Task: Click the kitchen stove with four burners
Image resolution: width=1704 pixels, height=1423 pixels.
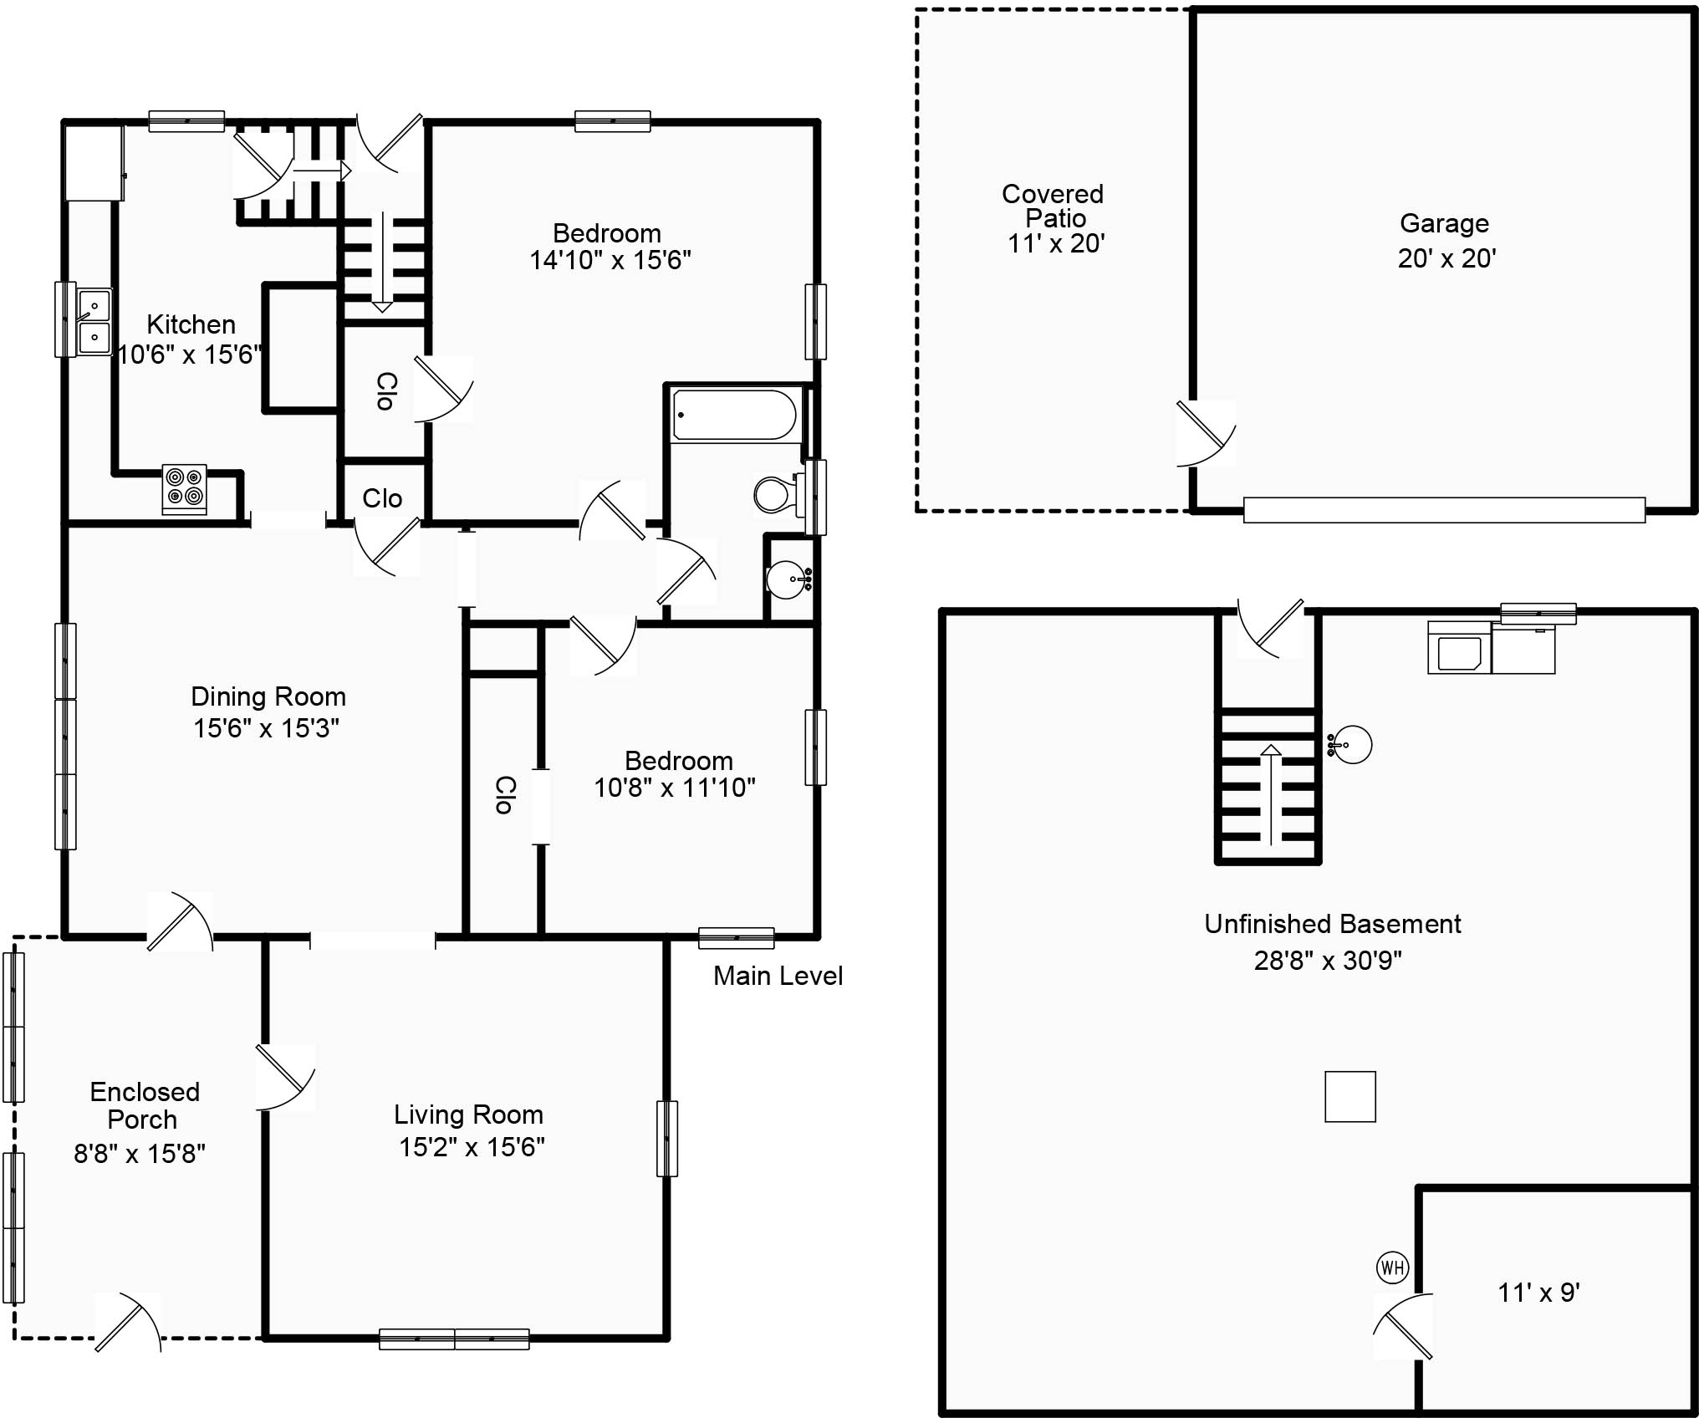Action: pyautogui.click(x=185, y=488)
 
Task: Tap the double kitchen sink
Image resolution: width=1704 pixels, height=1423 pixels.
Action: pyautogui.click(x=94, y=322)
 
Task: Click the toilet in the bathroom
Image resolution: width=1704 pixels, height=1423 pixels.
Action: pyautogui.click(x=779, y=493)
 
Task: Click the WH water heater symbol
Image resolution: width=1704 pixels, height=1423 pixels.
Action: pyautogui.click(x=1392, y=1267)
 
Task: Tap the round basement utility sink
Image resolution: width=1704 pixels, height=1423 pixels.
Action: pyautogui.click(x=1349, y=744)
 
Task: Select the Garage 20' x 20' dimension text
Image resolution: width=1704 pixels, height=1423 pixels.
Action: pyautogui.click(x=1446, y=258)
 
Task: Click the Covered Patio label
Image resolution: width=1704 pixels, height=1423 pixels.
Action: pyautogui.click(x=1054, y=206)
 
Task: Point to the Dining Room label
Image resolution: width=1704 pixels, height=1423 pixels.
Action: pyautogui.click(x=268, y=696)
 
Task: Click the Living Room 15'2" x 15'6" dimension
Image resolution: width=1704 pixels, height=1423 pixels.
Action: pyautogui.click(x=472, y=1147)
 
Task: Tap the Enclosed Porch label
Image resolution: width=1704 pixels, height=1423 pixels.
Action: pyautogui.click(x=145, y=1105)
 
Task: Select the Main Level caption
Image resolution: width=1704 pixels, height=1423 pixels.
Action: pyautogui.click(x=778, y=976)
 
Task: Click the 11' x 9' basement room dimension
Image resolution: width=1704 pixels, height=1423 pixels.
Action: pyautogui.click(x=1538, y=1293)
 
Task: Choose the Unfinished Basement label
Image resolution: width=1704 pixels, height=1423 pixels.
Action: pyautogui.click(x=1333, y=924)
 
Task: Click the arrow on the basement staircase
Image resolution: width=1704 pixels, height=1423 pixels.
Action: pyautogui.click(x=1271, y=794)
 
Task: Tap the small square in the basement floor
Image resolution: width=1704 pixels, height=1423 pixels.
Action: pyautogui.click(x=1350, y=1096)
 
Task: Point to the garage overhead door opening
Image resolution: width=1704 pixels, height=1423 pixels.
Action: pyautogui.click(x=1444, y=510)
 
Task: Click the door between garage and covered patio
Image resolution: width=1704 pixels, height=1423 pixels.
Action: pyautogui.click(x=1204, y=433)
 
